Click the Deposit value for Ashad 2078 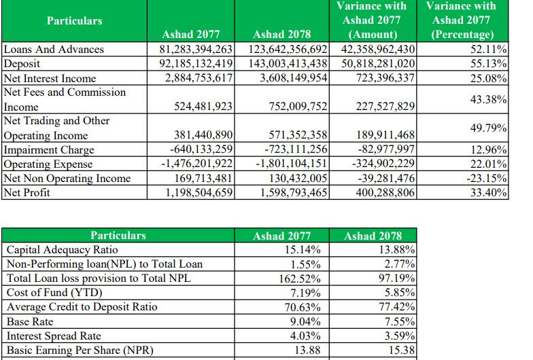[288, 64]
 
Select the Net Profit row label [27, 193]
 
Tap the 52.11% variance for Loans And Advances [488, 49]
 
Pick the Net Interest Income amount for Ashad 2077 [199, 78]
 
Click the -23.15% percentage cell [487, 178]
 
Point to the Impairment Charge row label [49, 149]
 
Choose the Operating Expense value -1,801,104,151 [291, 164]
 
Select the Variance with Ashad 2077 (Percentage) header [461, 20]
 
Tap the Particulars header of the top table [75, 20]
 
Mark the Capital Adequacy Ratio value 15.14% [303, 250]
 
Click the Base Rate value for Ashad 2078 [400, 321]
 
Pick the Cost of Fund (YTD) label [54, 292]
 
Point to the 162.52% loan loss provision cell [300, 278]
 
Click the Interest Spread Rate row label [54, 336]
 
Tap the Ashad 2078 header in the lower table [373, 236]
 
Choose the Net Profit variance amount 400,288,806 [385, 193]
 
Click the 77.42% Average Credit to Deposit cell [397, 307]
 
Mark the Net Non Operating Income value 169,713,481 [203, 178]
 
